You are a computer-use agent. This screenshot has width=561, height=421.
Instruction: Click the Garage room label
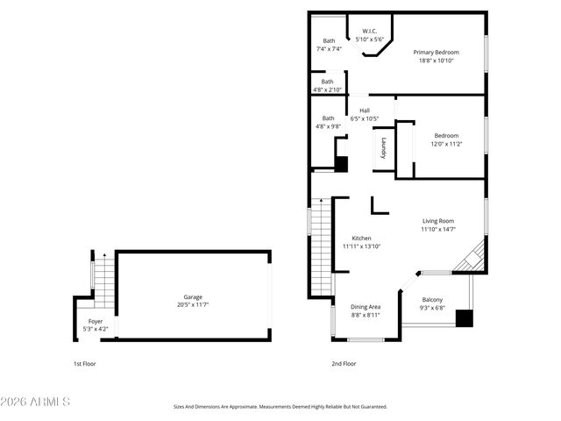[x=193, y=301]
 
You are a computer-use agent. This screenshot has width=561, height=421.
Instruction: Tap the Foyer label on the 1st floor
[x=95, y=325]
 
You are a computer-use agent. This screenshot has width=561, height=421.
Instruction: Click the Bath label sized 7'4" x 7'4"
[x=329, y=45]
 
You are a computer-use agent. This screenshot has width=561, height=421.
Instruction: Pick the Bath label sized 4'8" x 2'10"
[x=327, y=86]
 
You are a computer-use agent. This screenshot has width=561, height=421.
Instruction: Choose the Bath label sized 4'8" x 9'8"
[x=328, y=123]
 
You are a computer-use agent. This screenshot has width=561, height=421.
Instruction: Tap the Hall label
[x=364, y=114]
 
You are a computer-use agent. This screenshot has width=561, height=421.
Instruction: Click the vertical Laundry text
[x=383, y=148]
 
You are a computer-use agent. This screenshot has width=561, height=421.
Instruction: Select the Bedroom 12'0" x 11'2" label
[x=446, y=139]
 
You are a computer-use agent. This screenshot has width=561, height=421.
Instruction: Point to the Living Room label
[x=437, y=225]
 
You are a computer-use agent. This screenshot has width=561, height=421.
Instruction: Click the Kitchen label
[x=361, y=242]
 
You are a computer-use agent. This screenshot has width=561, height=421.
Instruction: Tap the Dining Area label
[x=366, y=310]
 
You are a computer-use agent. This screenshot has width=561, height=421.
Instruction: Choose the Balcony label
[x=432, y=303]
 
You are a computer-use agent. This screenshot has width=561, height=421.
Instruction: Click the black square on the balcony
[x=464, y=318]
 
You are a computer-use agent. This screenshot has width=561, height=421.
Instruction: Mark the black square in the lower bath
[x=342, y=164]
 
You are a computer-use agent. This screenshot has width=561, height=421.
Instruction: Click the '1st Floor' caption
[x=85, y=363]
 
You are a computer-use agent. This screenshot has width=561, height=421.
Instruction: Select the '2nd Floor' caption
[x=344, y=363]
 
